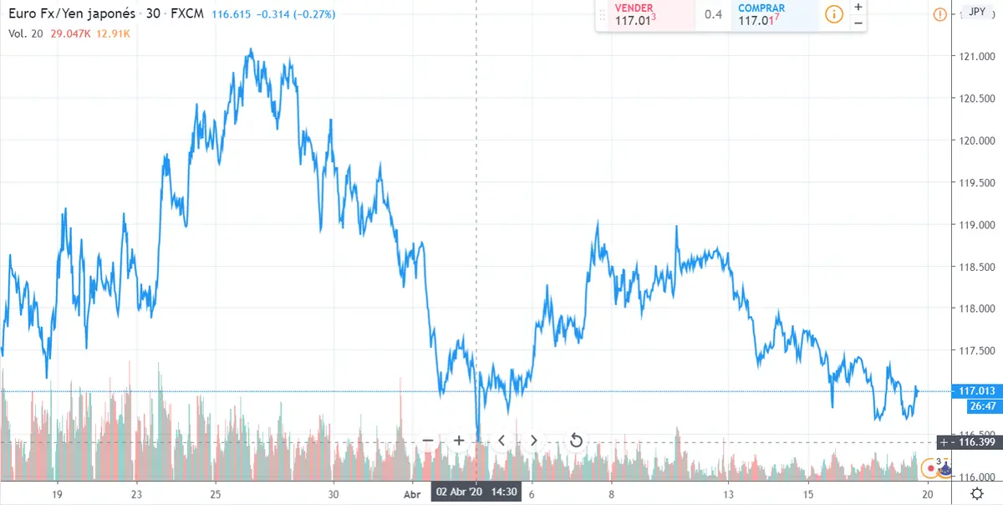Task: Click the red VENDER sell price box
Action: (644, 14)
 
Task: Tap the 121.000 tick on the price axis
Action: (976, 57)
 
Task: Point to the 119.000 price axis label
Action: (976, 225)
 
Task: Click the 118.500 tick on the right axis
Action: (976, 267)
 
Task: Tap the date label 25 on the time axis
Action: (215, 494)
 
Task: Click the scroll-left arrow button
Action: (501, 440)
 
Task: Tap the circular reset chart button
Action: (575, 440)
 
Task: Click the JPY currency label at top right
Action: (975, 13)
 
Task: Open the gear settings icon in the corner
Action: (976, 494)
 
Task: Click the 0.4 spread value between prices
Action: (713, 14)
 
